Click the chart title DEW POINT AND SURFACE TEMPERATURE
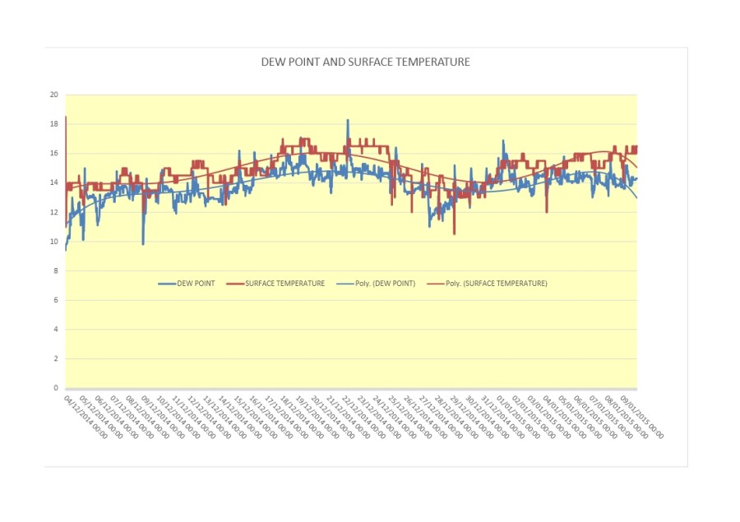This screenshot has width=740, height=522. coord(365,62)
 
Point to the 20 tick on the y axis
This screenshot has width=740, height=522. coord(54,95)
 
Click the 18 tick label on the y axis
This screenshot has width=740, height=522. coord(54,124)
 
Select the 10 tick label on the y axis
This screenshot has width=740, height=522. coord(54,242)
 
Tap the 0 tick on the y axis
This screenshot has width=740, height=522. coord(56,388)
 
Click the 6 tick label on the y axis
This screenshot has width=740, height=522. coord(56,300)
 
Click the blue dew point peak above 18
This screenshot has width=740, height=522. coord(348,121)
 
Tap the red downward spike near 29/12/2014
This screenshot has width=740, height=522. coord(454,233)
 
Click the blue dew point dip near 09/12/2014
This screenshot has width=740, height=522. coord(143,243)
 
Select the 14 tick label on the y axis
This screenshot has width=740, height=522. coord(54,182)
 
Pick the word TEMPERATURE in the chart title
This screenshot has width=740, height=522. coord(436,62)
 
